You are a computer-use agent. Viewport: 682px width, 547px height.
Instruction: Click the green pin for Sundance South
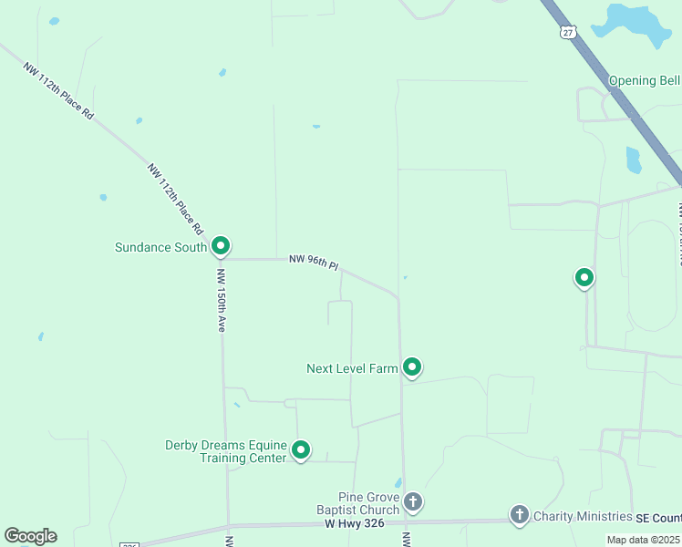pyautogui.click(x=220, y=246)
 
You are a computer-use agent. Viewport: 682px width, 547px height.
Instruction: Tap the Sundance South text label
pyautogui.click(x=160, y=247)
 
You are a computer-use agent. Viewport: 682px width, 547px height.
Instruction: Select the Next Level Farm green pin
pyautogui.click(x=412, y=367)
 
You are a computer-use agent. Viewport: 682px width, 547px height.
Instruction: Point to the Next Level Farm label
pyautogui.click(x=352, y=368)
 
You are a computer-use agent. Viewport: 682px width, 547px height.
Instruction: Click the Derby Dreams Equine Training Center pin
pyautogui.click(x=300, y=449)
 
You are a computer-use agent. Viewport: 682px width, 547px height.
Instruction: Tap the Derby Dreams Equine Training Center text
pyautogui.click(x=225, y=451)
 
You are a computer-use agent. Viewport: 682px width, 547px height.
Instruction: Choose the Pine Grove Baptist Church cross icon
pyautogui.click(x=413, y=501)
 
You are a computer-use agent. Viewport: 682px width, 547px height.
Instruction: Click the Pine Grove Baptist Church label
pyautogui.click(x=370, y=503)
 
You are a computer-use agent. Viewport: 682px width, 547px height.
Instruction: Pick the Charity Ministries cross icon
pyautogui.click(x=519, y=515)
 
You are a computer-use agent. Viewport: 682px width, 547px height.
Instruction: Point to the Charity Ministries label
pyautogui.click(x=583, y=516)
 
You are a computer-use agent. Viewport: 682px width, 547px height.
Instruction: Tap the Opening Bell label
pyautogui.click(x=644, y=80)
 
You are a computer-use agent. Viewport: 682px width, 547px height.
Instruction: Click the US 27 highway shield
pyautogui.click(x=569, y=32)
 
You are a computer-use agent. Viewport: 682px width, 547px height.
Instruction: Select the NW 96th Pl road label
pyautogui.click(x=314, y=263)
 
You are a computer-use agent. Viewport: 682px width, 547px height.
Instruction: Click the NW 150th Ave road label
pyautogui.click(x=221, y=299)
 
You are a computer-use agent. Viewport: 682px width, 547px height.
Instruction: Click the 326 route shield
pyautogui.click(x=129, y=544)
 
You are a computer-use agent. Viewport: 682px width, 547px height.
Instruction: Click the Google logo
pyautogui.click(x=31, y=536)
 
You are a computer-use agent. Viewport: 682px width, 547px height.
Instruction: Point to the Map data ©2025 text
pyautogui.click(x=643, y=540)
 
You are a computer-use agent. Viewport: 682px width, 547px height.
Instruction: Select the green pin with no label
pyautogui.click(x=584, y=277)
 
